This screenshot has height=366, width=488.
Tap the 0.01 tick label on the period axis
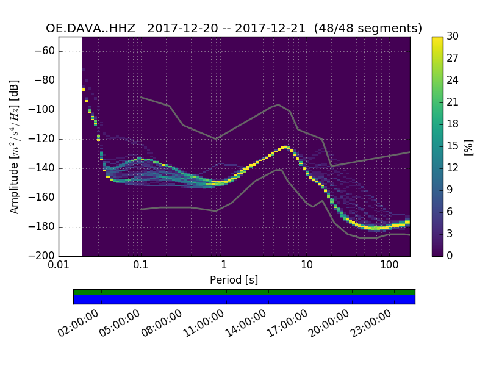click(59, 265)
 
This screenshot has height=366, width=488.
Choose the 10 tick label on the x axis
click(307, 265)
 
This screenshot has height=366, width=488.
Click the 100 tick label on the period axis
click(389, 265)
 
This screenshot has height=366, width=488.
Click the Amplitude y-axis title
click(14, 146)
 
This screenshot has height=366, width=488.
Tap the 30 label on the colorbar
click(453, 37)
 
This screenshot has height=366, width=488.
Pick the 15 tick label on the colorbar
click(453, 146)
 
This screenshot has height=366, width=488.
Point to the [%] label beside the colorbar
click(468, 146)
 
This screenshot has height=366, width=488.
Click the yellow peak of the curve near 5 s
click(284, 148)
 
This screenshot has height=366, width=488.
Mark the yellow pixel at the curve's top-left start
click(84, 90)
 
